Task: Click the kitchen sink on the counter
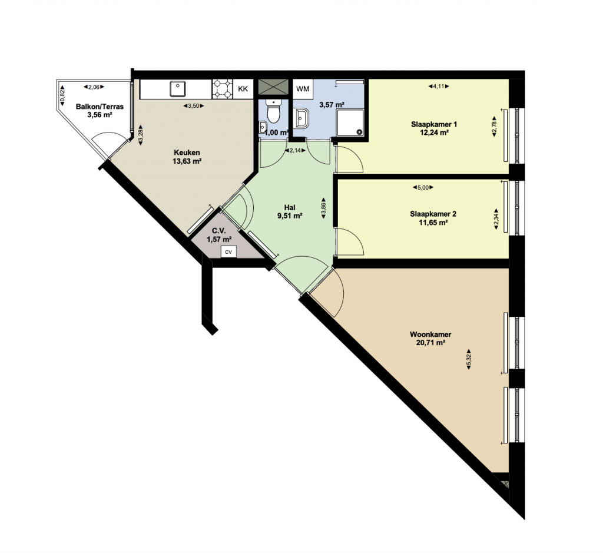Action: [178, 89]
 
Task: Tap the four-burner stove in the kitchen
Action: [223, 89]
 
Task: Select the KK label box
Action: [243, 89]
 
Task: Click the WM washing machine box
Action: [303, 89]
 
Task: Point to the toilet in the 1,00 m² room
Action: [274, 111]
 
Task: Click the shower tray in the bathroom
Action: [350, 122]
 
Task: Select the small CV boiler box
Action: [228, 252]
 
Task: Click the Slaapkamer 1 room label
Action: [434, 125]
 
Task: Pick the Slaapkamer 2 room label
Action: [433, 214]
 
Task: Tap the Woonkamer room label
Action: [430, 335]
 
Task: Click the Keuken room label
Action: [187, 153]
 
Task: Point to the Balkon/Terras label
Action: [100, 107]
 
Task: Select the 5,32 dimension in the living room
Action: [469, 359]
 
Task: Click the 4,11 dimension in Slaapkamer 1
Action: [439, 87]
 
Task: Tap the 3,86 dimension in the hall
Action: [323, 208]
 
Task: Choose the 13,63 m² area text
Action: [187, 161]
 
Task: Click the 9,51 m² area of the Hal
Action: [290, 216]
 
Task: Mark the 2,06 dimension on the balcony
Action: [94, 87]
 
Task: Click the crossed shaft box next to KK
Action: [273, 87]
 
